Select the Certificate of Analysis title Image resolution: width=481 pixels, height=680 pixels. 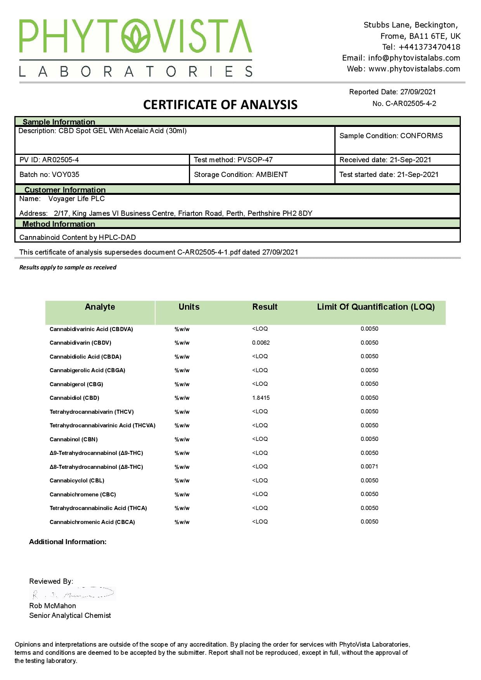220,105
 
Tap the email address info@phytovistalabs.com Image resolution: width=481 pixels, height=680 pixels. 414,58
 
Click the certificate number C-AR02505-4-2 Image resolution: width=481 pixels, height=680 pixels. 410,104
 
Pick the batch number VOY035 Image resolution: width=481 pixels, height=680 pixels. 66,175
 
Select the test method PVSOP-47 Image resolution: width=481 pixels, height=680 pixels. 255,160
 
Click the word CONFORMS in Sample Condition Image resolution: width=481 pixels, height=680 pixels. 421,136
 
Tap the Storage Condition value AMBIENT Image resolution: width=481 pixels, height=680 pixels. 272,175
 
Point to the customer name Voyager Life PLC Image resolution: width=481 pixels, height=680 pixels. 76,199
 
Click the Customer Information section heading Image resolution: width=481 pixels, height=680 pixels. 65,190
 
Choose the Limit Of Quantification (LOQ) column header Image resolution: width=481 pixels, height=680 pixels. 375,307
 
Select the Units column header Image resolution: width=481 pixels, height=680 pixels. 189,307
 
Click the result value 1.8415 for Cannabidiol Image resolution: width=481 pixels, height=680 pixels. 261,398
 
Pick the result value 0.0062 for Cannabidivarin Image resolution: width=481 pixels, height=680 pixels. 261,343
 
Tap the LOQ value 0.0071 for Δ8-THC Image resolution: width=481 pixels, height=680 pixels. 369,467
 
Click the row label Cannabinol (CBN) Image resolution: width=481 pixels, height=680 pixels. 74,439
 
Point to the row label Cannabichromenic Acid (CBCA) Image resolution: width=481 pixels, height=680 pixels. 92,522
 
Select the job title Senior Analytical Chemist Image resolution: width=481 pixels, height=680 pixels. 70,616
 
